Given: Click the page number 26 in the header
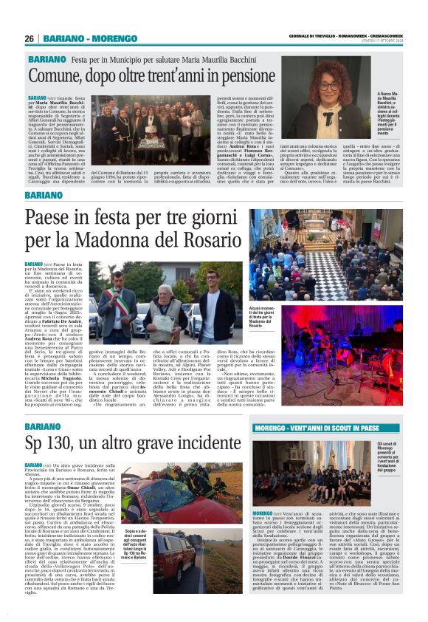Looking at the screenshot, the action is point(29,38).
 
